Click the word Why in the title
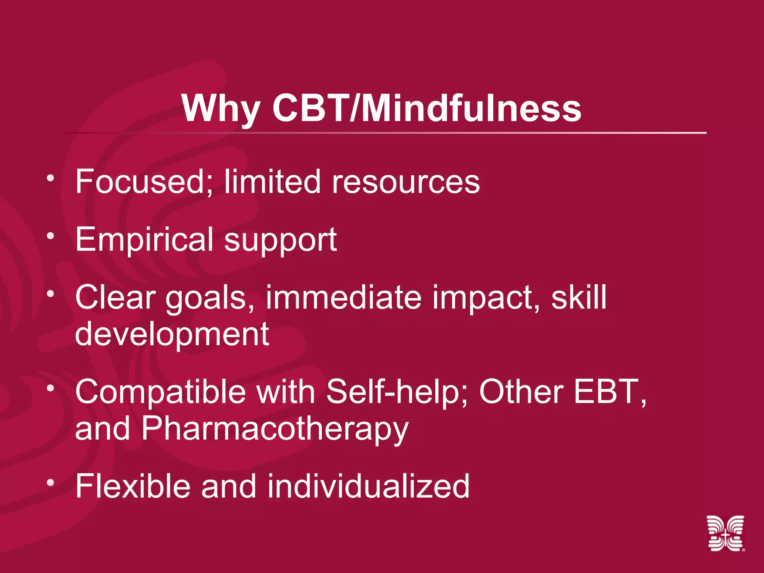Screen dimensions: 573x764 pos(221,108)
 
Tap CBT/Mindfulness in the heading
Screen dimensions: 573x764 pos(426,108)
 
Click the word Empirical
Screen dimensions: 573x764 pos(144,239)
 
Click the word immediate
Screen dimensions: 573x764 pos(344,297)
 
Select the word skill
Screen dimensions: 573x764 pos(579,297)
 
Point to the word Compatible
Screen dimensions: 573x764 pos(160,392)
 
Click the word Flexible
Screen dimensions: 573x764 pos(132,486)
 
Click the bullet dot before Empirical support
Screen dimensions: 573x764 pos(51,236)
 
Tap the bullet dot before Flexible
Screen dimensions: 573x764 pos(51,482)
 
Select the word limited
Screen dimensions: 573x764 pos(272,182)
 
